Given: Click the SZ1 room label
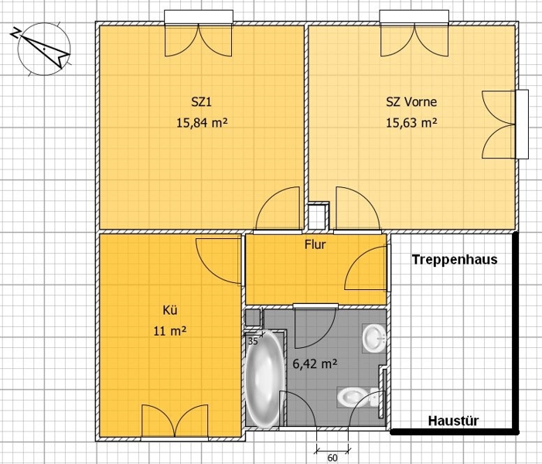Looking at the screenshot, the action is pos(201,102).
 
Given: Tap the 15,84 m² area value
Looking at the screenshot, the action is pos(203,122).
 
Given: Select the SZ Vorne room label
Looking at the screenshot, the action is pos(411,102).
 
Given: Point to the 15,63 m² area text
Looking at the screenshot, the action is pos(411,122).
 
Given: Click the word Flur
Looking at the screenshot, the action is pos(315,245).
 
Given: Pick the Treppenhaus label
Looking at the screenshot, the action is pos(455,259).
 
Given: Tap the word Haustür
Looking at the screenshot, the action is pos(454,421).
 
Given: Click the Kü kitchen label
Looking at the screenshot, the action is pos(170,310).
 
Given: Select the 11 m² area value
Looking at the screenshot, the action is pos(170,331).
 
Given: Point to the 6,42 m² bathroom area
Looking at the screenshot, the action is pos(315,363).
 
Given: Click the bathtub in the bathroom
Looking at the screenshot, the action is pos(264,379).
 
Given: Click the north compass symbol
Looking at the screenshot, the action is pos(44,49).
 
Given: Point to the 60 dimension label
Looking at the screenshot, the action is pos(332,458).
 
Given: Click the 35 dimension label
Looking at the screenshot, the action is pos(253,342).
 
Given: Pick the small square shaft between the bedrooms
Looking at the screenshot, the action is pos(318,216).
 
